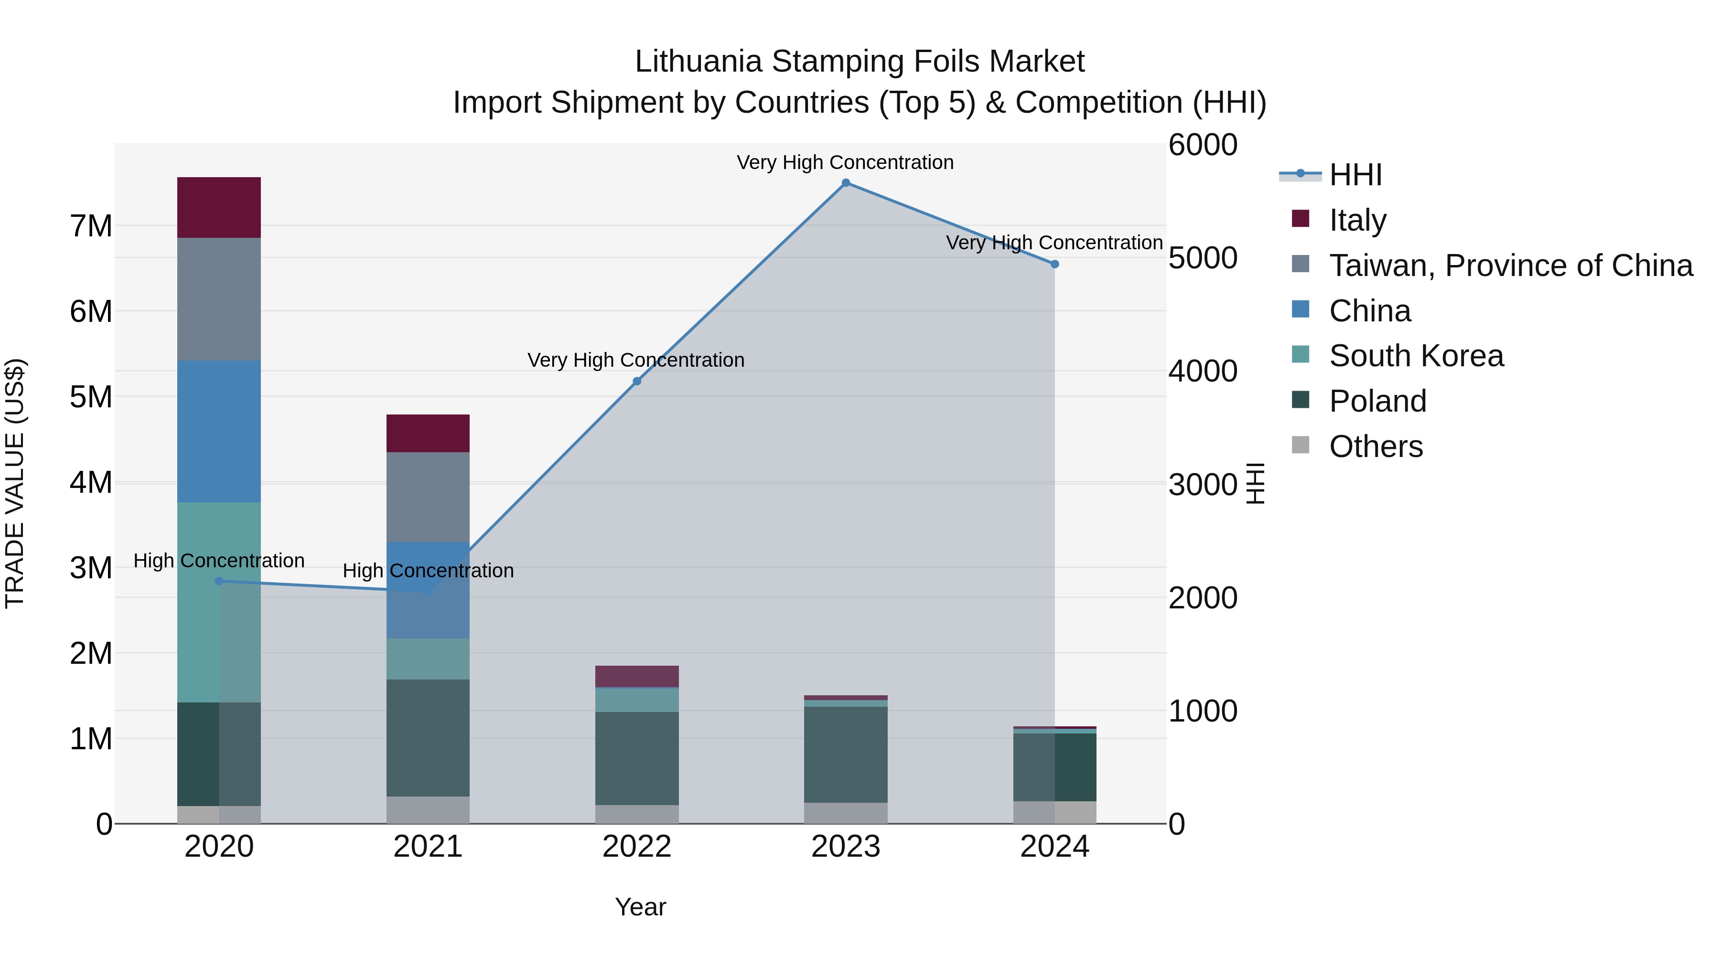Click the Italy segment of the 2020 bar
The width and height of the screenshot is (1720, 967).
point(219,208)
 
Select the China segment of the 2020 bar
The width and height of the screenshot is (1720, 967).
point(219,431)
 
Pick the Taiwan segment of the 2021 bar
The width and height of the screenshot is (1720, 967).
point(428,497)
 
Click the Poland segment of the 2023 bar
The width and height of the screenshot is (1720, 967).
point(845,754)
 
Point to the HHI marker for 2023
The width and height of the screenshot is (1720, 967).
point(845,183)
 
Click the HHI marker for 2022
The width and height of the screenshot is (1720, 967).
point(636,381)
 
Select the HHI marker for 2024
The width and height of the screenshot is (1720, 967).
point(1054,264)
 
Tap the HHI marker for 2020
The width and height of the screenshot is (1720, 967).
point(219,581)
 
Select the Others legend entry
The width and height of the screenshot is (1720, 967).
point(1376,446)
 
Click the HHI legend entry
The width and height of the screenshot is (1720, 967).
point(1355,175)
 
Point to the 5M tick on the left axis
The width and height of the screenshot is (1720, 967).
point(91,397)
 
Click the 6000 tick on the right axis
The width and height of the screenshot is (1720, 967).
point(1203,145)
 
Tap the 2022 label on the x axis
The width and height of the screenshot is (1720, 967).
point(636,847)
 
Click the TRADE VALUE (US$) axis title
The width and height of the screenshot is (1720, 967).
point(15,483)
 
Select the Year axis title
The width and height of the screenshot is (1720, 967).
point(640,907)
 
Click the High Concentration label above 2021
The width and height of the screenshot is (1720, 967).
point(428,571)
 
